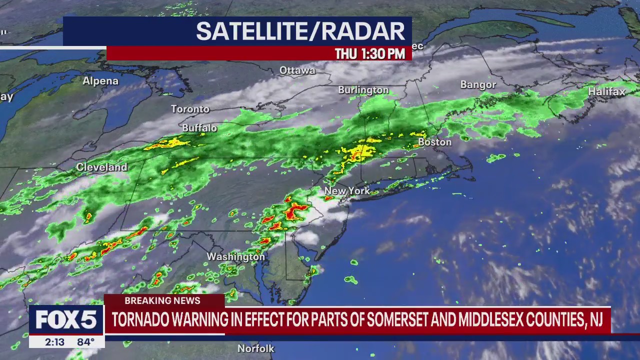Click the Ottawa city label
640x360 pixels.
coord(297,70)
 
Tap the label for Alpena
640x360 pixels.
coord(100,81)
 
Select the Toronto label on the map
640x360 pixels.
coord(190,109)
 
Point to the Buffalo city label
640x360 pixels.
coord(199,128)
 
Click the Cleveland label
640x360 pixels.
coord(101,167)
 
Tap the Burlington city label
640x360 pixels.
coord(363,90)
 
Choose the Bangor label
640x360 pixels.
coord(478,85)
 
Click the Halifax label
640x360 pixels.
coord(606,92)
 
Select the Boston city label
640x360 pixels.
coord(434,142)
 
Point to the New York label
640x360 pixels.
coord(347,190)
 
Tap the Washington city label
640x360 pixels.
coord(235,256)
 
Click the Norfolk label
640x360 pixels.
coord(256,348)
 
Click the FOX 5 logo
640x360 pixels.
coord(66,319)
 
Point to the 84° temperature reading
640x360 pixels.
coord(85,342)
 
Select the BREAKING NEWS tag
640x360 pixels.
coord(162,300)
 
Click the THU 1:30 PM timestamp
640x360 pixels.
coord(369,54)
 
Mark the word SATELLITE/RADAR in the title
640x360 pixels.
coord(300,31)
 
